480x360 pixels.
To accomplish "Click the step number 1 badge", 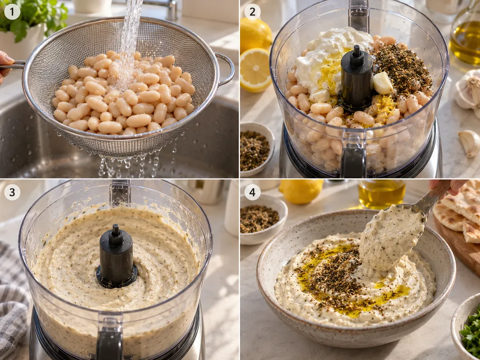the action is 12,12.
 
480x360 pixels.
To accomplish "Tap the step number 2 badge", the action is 253,12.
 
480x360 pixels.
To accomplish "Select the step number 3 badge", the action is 12,192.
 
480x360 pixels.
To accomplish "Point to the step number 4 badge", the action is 253,192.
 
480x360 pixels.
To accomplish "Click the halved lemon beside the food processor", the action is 255,70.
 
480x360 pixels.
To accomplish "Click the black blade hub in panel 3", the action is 116,257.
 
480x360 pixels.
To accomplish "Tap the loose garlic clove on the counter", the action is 469,143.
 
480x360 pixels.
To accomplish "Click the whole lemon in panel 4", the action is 301,191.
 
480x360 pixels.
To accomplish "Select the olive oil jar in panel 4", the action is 382,194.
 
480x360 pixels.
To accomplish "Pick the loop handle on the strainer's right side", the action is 225,69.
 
